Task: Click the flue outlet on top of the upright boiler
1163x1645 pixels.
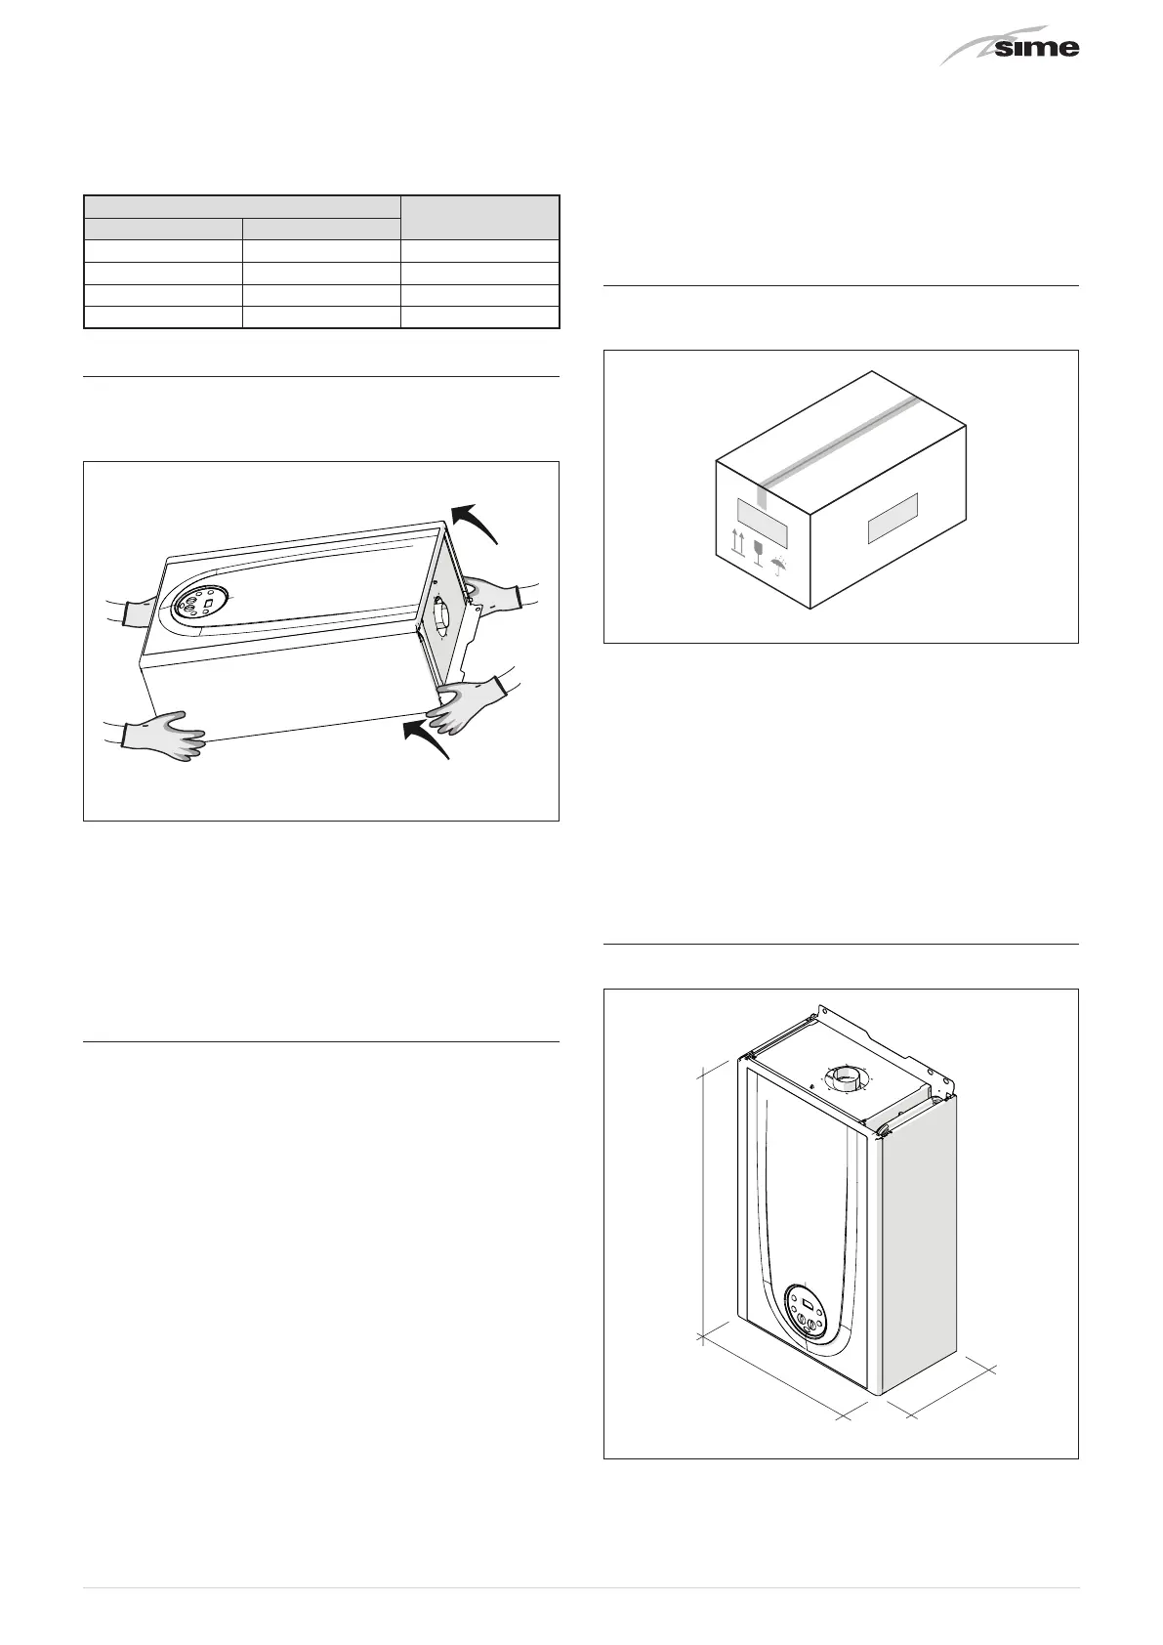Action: tap(846, 1080)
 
